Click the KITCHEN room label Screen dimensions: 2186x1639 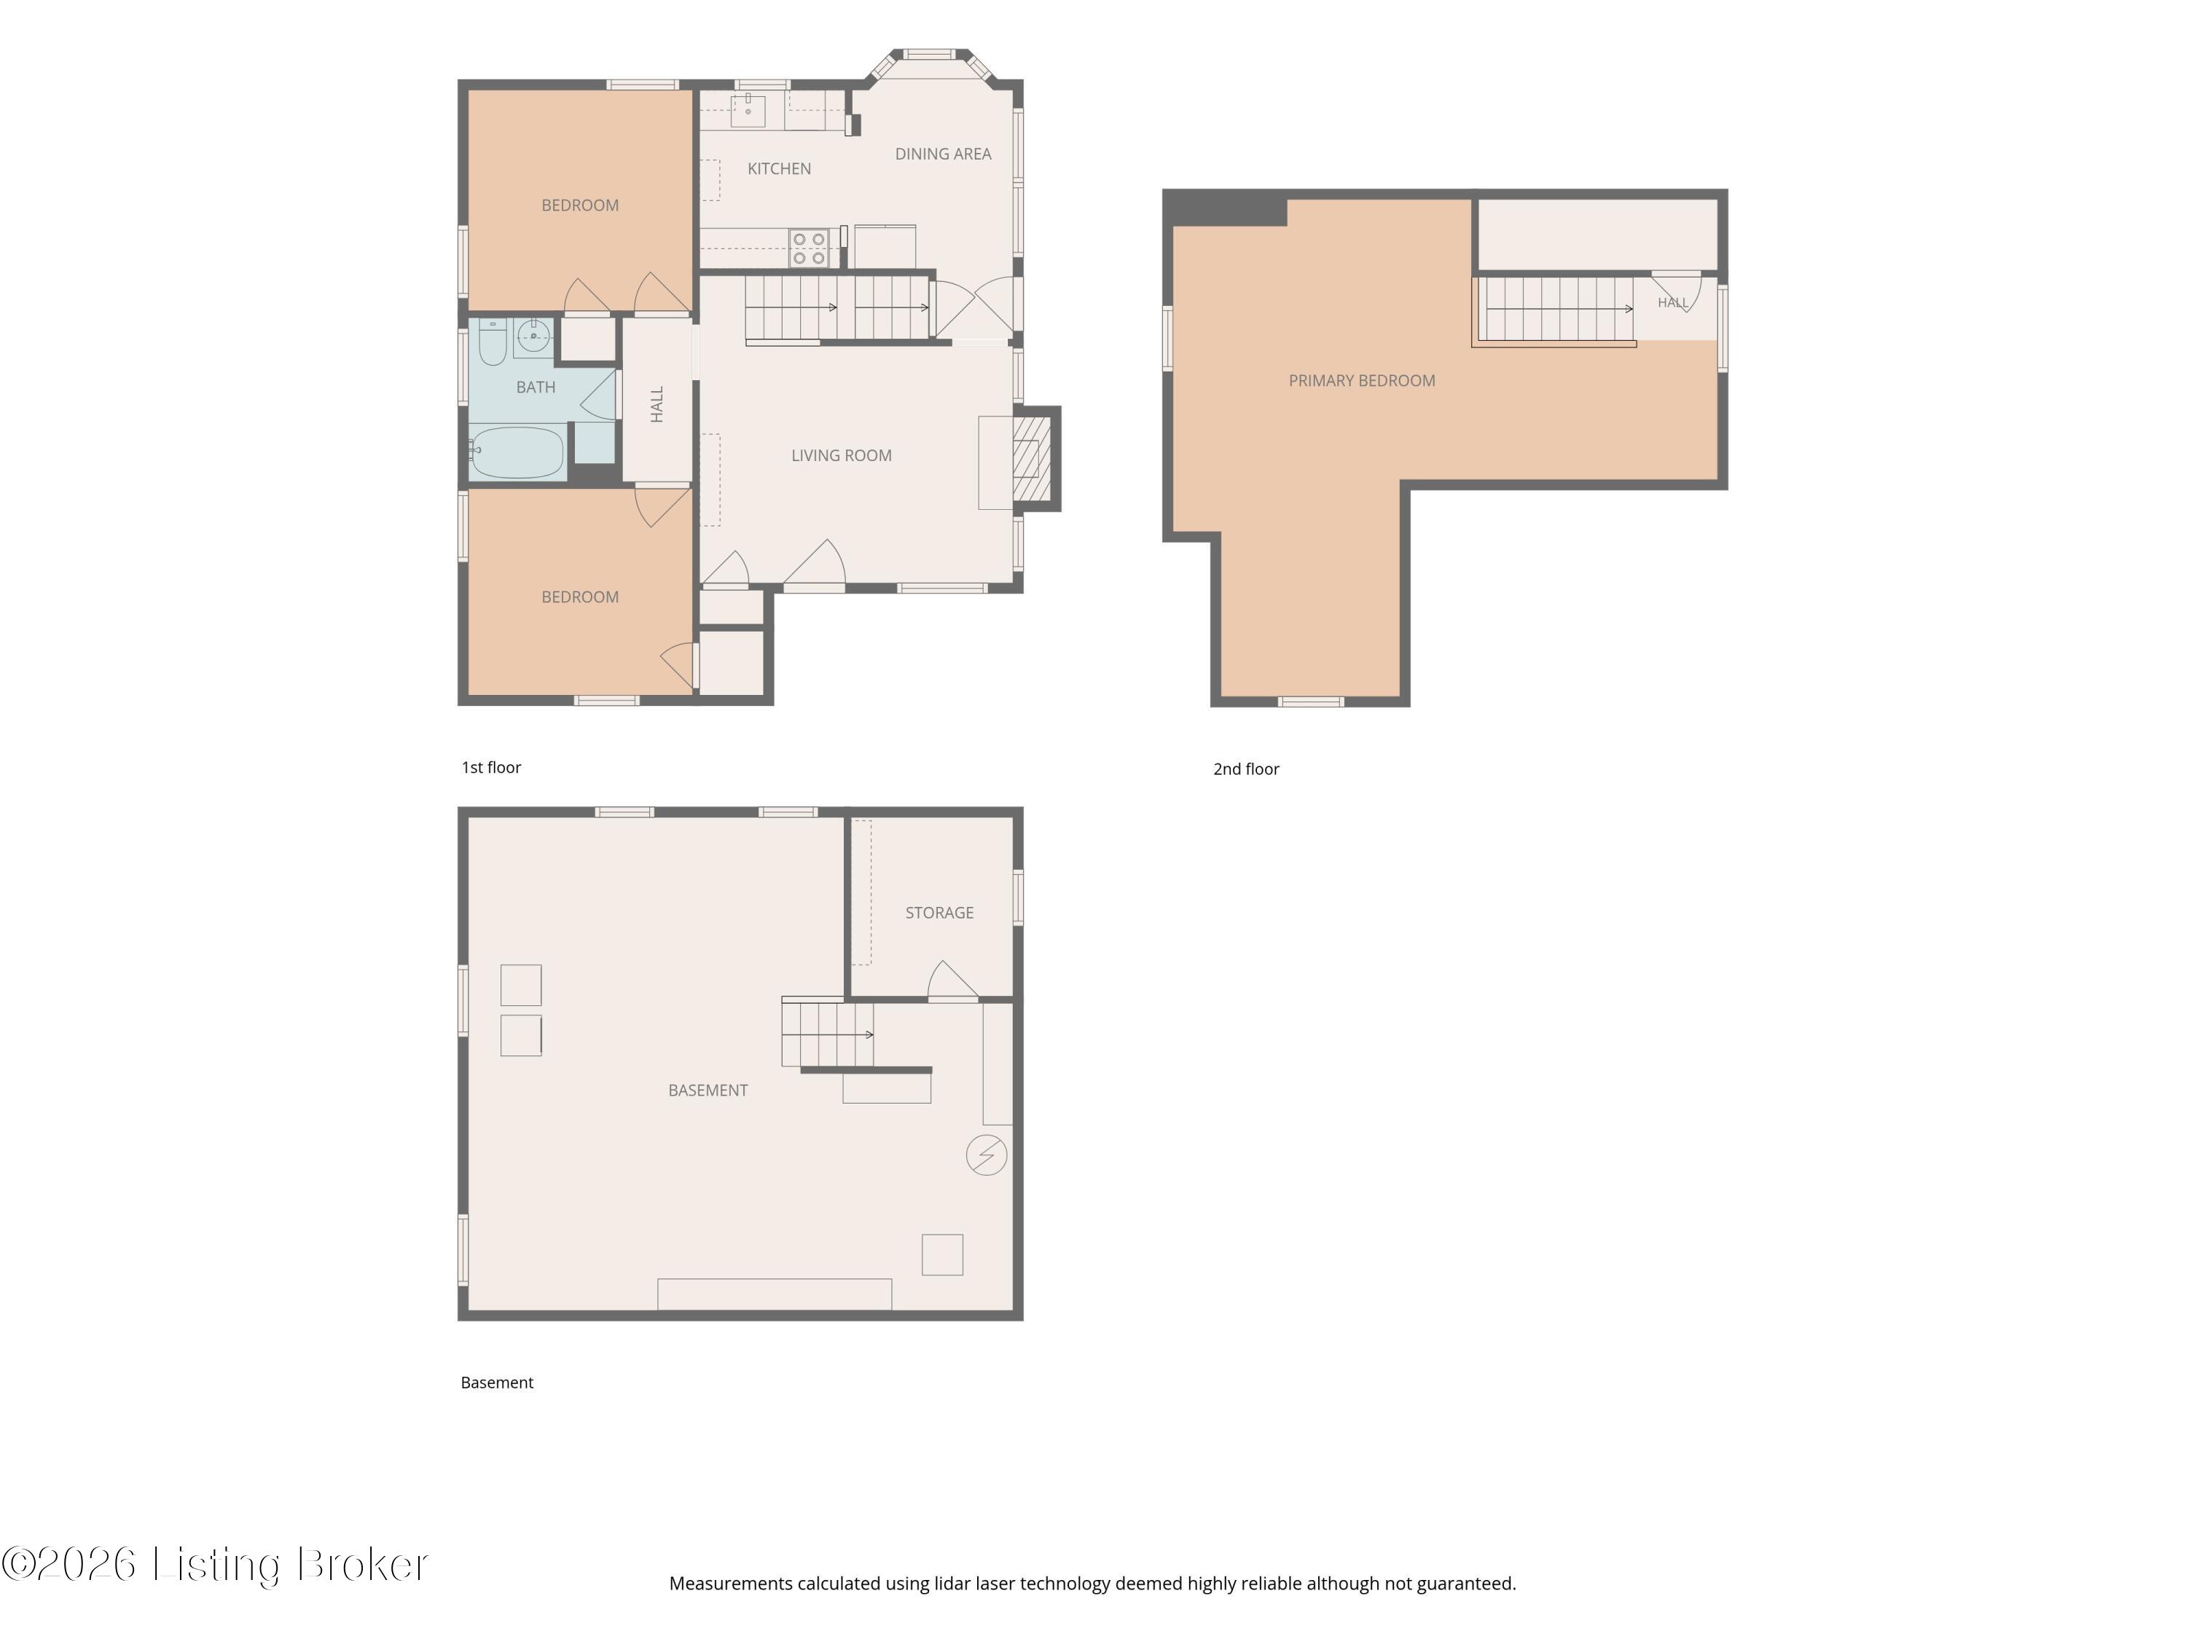[x=779, y=169]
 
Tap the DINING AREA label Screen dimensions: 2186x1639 [x=943, y=154]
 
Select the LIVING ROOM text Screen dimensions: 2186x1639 [x=841, y=455]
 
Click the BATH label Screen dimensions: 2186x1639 [x=536, y=388]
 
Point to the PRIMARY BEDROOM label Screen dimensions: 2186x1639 [x=1362, y=380]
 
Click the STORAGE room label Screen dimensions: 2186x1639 [x=939, y=913]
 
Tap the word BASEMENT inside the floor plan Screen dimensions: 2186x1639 [x=708, y=1090]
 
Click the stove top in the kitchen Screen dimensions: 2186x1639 [x=808, y=248]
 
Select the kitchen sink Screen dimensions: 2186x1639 [x=748, y=111]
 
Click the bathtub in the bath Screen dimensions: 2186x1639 [x=516, y=452]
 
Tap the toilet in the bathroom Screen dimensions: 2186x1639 [x=492, y=342]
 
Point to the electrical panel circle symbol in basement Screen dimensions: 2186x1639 [x=987, y=1155]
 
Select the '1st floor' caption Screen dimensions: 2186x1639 [x=491, y=768]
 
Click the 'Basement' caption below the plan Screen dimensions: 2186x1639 [x=497, y=1383]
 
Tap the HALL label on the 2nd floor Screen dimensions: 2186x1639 [x=1672, y=302]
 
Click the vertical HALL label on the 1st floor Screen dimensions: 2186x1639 [x=657, y=404]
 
